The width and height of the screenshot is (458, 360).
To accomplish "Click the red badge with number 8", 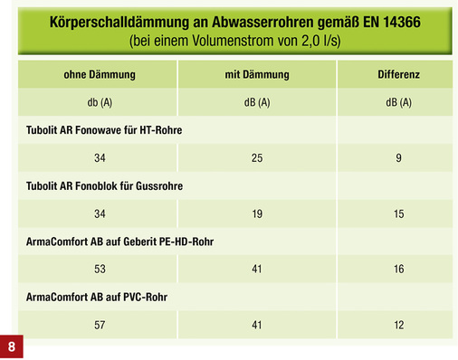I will tap(12, 346).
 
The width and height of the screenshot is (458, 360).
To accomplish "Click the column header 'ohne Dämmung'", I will tap(99, 73).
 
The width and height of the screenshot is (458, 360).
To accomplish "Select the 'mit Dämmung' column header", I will tap(257, 73).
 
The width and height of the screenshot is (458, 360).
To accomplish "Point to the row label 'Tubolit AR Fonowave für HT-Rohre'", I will tap(104, 130).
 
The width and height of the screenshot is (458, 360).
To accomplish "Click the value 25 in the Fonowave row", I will tap(257, 158).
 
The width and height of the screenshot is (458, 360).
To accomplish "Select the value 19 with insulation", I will tap(257, 213).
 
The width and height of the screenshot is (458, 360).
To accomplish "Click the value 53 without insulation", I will tap(99, 269).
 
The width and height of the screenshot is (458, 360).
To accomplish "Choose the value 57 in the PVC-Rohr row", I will tap(99, 323).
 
